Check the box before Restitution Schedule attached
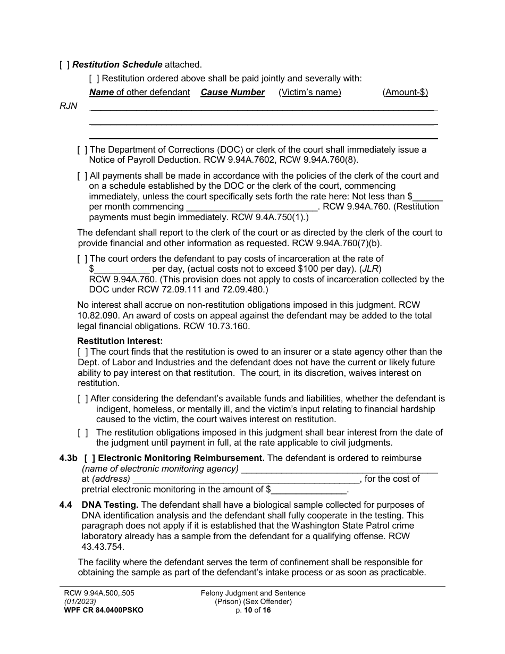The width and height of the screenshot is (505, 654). tap(64, 65)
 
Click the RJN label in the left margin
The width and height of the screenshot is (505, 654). tap(68, 106)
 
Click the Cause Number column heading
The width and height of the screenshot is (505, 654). tap(232, 93)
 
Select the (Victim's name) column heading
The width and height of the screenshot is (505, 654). tap(310, 93)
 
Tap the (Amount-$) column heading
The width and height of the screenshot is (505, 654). tap(405, 93)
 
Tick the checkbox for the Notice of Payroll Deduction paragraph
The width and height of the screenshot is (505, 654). tap(82, 150)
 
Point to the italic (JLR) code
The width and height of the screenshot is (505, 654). tap(371, 269)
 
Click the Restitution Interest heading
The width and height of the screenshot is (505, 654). tap(120, 341)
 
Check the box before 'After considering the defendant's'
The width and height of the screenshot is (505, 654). tap(83, 399)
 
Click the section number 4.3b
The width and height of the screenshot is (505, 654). tap(69, 458)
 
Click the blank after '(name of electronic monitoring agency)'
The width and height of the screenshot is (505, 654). tap(340, 469)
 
